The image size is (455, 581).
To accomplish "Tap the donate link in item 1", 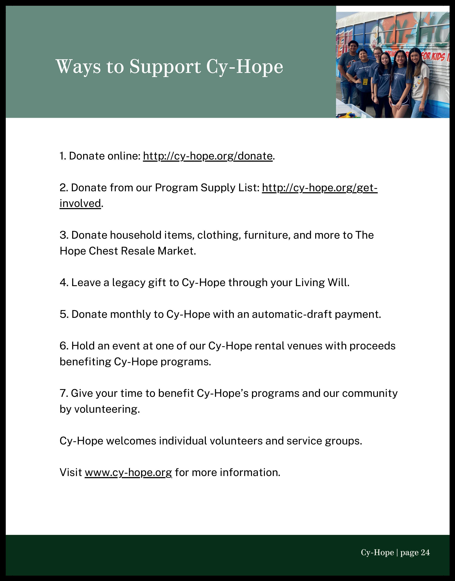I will coord(208,156).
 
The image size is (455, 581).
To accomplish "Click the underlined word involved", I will coord(80,204).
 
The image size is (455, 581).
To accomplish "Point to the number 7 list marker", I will coord(63,393).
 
